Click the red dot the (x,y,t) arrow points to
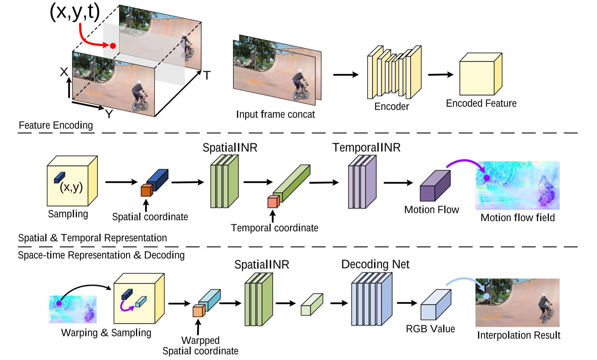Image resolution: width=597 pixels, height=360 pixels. pyautogui.click(x=113, y=46)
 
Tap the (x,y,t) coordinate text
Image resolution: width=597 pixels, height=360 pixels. pyautogui.click(x=75, y=12)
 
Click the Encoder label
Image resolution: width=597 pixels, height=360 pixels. pyautogui.click(x=391, y=106)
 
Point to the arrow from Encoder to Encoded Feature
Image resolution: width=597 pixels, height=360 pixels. pyautogui.click(x=440, y=74)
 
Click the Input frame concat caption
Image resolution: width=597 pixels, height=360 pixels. pyautogui.click(x=275, y=114)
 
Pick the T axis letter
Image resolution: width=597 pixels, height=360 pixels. pyautogui.click(x=207, y=75)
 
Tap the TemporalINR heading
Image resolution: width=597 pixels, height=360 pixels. pyautogui.click(x=366, y=147)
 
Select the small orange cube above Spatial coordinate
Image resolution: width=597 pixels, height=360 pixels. pyautogui.click(x=146, y=190)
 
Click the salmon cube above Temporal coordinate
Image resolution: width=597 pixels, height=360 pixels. pyautogui.click(x=273, y=202)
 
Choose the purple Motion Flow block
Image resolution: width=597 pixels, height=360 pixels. pyautogui.click(x=434, y=187)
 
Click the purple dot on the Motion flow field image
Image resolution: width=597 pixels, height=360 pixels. pyautogui.click(x=487, y=178)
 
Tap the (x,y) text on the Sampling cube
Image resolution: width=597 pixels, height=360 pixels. pyautogui.click(x=71, y=187)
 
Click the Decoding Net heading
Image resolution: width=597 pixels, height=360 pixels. pyautogui.click(x=375, y=264)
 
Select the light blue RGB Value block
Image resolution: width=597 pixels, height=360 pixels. pyautogui.click(x=435, y=306)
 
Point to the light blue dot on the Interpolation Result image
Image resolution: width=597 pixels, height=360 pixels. pyautogui.click(x=487, y=296)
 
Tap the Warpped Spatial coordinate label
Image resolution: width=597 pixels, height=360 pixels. pyautogui.click(x=200, y=345)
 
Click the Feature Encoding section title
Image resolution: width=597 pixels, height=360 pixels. pyautogui.click(x=56, y=125)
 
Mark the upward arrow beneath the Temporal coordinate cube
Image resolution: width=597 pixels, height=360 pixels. pyautogui.click(x=273, y=216)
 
